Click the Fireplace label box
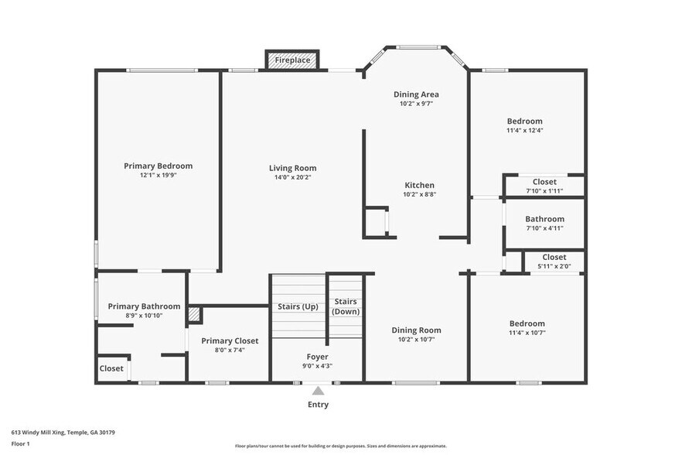pos(292,60)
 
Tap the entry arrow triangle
pos(318,390)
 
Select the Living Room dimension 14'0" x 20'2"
pos(293,177)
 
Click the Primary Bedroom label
pos(158,166)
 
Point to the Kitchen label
pos(419,185)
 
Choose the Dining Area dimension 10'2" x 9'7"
pos(416,104)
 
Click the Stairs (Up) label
pos(298,306)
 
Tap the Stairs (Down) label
pos(346,306)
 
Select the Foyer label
pos(317,357)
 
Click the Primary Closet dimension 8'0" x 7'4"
pos(230,350)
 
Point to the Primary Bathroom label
pos(144,306)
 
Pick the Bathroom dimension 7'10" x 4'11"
pos(544,228)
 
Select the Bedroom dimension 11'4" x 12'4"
pos(525,130)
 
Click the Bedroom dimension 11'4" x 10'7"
pos(527,333)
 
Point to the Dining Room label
pos(416,330)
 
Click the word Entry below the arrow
pos(318,405)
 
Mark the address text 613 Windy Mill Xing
pos(39,433)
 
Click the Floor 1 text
pos(20,444)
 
